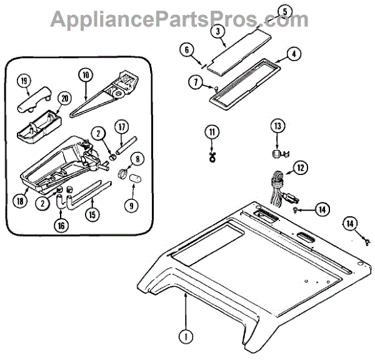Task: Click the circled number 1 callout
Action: pos(185,336)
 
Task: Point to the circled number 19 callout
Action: pos(24,81)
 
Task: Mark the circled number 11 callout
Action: pos(212,131)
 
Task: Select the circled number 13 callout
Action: pos(276,127)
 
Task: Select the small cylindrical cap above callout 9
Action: pos(134,179)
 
